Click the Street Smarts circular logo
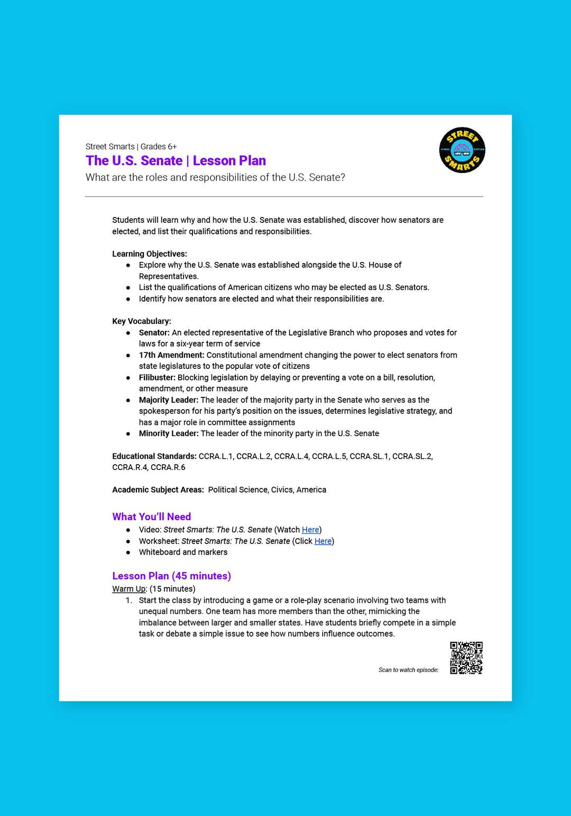click(x=462, y=150)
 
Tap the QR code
click(x=466, y=658)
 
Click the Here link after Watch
click(x=310, y=530)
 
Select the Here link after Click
click(x=323, y=541)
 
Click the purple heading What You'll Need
click(x=152, y=516)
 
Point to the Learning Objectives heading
click(x=150, y=254)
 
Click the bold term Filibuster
click(x=157, y=377)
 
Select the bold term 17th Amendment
click(x=171, y=355)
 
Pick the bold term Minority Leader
click(x=169, y=433)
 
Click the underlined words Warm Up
click(x=128, y=589)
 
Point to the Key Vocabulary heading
click(x=142, y=321)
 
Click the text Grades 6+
click(x=159, y=147)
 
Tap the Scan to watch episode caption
click(x=408, y=670)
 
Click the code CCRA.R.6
click(x=168, y=467)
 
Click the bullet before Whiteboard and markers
click(x=128, y=552)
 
